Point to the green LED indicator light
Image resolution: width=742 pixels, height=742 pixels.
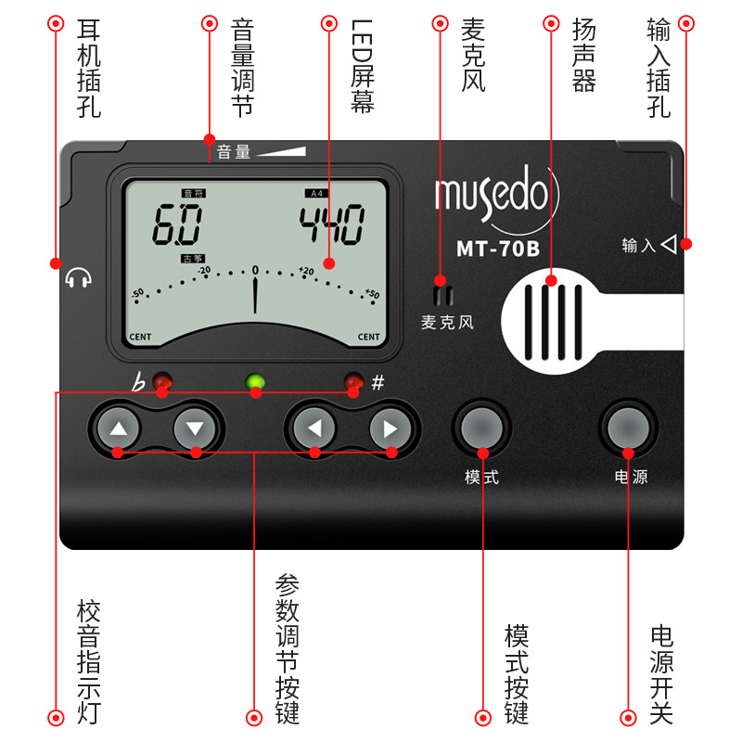click(255, 381)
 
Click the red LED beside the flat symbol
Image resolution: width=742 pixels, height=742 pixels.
click(162, 381)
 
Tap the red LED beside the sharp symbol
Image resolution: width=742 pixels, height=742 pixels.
click(353, 381)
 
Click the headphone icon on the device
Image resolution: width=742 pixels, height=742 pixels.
click(80, 277)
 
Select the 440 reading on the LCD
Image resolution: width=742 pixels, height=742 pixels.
click(331, 224)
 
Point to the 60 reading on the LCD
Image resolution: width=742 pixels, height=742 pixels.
click(178, 224)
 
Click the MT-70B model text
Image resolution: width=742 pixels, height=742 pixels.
click(497, 249)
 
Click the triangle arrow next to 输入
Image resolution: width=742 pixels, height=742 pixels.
click(670, 245)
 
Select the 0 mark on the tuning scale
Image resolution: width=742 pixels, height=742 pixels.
click(255, 270)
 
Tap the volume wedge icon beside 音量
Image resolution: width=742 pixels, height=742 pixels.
click(282, 150)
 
